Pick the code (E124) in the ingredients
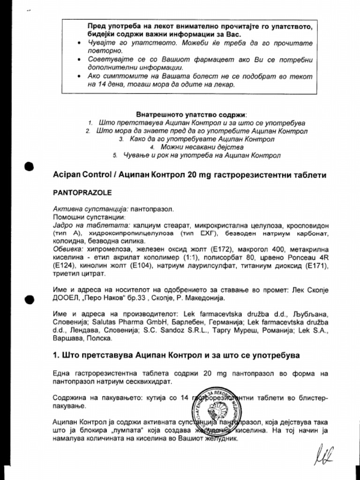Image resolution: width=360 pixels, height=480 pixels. coord(64,265)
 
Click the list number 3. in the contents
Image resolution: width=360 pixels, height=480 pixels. coord(121,139)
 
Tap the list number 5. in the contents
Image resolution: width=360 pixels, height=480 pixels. coord(115,155)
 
